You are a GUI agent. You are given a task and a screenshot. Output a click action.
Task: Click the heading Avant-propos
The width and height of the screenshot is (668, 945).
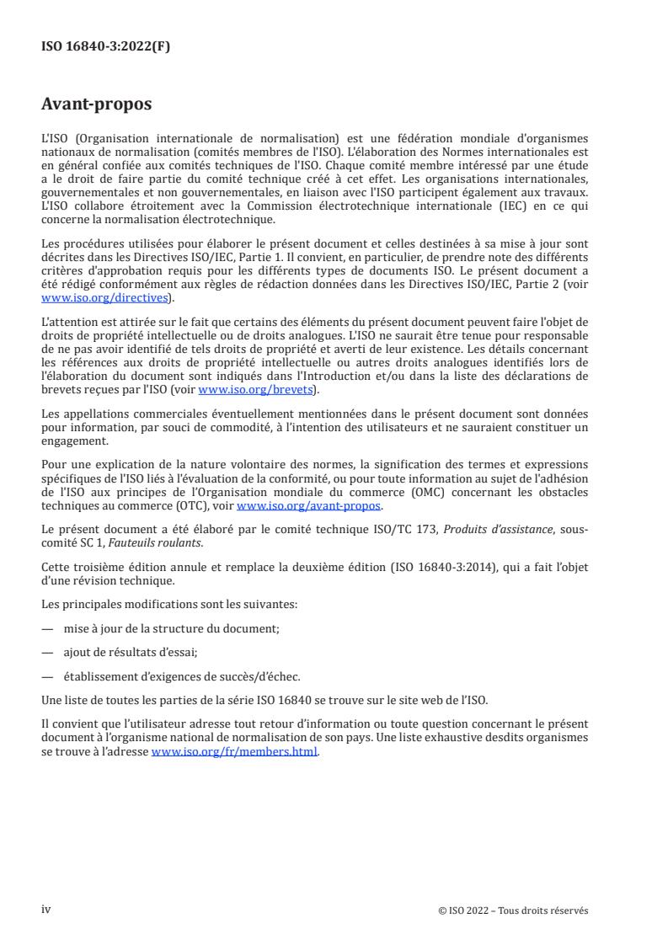tap(96, 105)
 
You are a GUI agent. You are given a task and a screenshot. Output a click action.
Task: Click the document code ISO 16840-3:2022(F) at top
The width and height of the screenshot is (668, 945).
tap(105, 47)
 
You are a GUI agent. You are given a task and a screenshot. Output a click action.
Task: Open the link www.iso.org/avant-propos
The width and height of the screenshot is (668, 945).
tap(309, 505)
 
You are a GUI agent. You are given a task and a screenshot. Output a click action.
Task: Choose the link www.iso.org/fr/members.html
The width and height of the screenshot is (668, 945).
tap(234, 752)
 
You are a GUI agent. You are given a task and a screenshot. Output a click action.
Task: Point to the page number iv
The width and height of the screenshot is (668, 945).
tap(46, 910)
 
